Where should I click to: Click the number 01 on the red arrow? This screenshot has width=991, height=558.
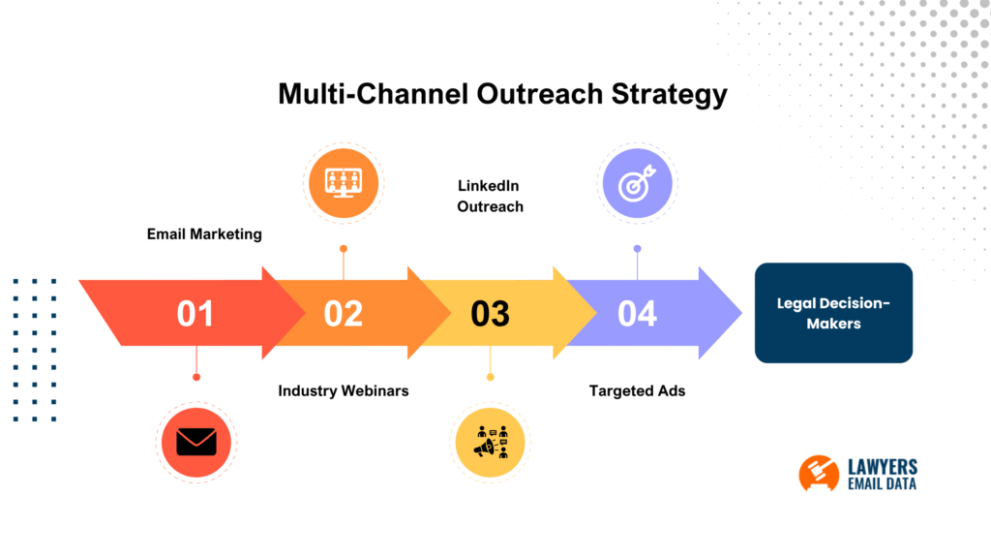[x=195, y=314]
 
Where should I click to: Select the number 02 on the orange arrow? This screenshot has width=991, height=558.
[x=343, y=314]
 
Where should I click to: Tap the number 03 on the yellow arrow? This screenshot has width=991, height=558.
[x=490, y=314]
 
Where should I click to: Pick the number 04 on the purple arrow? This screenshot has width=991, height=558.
[x=637, y=314]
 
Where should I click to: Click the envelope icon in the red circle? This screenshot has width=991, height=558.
[x=196, y=442]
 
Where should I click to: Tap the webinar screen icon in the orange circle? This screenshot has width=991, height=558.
[x=344, y=181]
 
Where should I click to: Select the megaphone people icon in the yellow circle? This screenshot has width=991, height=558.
[x=491, y=443]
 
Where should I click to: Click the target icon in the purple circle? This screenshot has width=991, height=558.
[x=638, y=182]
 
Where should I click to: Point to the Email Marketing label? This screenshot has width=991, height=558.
[x=204, y=233]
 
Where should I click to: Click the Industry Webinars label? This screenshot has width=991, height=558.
[x=344, y=390]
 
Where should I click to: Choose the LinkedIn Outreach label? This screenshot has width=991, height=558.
[x=490, y=195]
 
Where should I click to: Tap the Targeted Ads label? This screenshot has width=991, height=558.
[x=638, y=390]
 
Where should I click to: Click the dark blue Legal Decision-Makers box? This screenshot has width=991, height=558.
[x=833, y=313]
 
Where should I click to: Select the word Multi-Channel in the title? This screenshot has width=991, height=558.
[x=373, y=94]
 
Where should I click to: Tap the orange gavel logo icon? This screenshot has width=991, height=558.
[x=819, y=473]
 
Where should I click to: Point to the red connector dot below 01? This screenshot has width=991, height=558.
[x=196, y=377]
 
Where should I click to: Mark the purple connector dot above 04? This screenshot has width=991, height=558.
[x=637, y=249]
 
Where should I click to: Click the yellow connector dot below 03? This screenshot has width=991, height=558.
[x=491, y=377]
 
